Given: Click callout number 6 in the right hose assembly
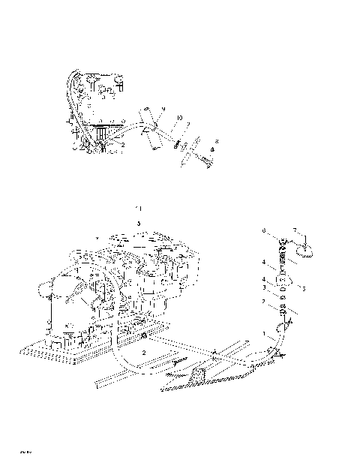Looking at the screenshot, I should coord(263,230).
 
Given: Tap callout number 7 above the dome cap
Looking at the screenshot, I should coord(295,230).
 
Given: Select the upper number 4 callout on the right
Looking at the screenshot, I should coord(263,263).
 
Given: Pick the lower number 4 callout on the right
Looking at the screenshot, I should coord(263,280).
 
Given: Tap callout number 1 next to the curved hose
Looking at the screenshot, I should coord(263,332).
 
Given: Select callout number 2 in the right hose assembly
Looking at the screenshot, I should coord(263,302).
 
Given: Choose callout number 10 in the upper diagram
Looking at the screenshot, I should coord(179,118).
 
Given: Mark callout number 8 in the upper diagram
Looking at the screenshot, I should coord(217,141).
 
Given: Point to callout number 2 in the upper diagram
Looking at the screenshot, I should coord(112,144).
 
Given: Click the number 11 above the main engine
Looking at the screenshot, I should coord(137,206).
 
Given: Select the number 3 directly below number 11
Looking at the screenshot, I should coord(138,224).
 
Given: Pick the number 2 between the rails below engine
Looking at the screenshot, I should coord(144,352).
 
